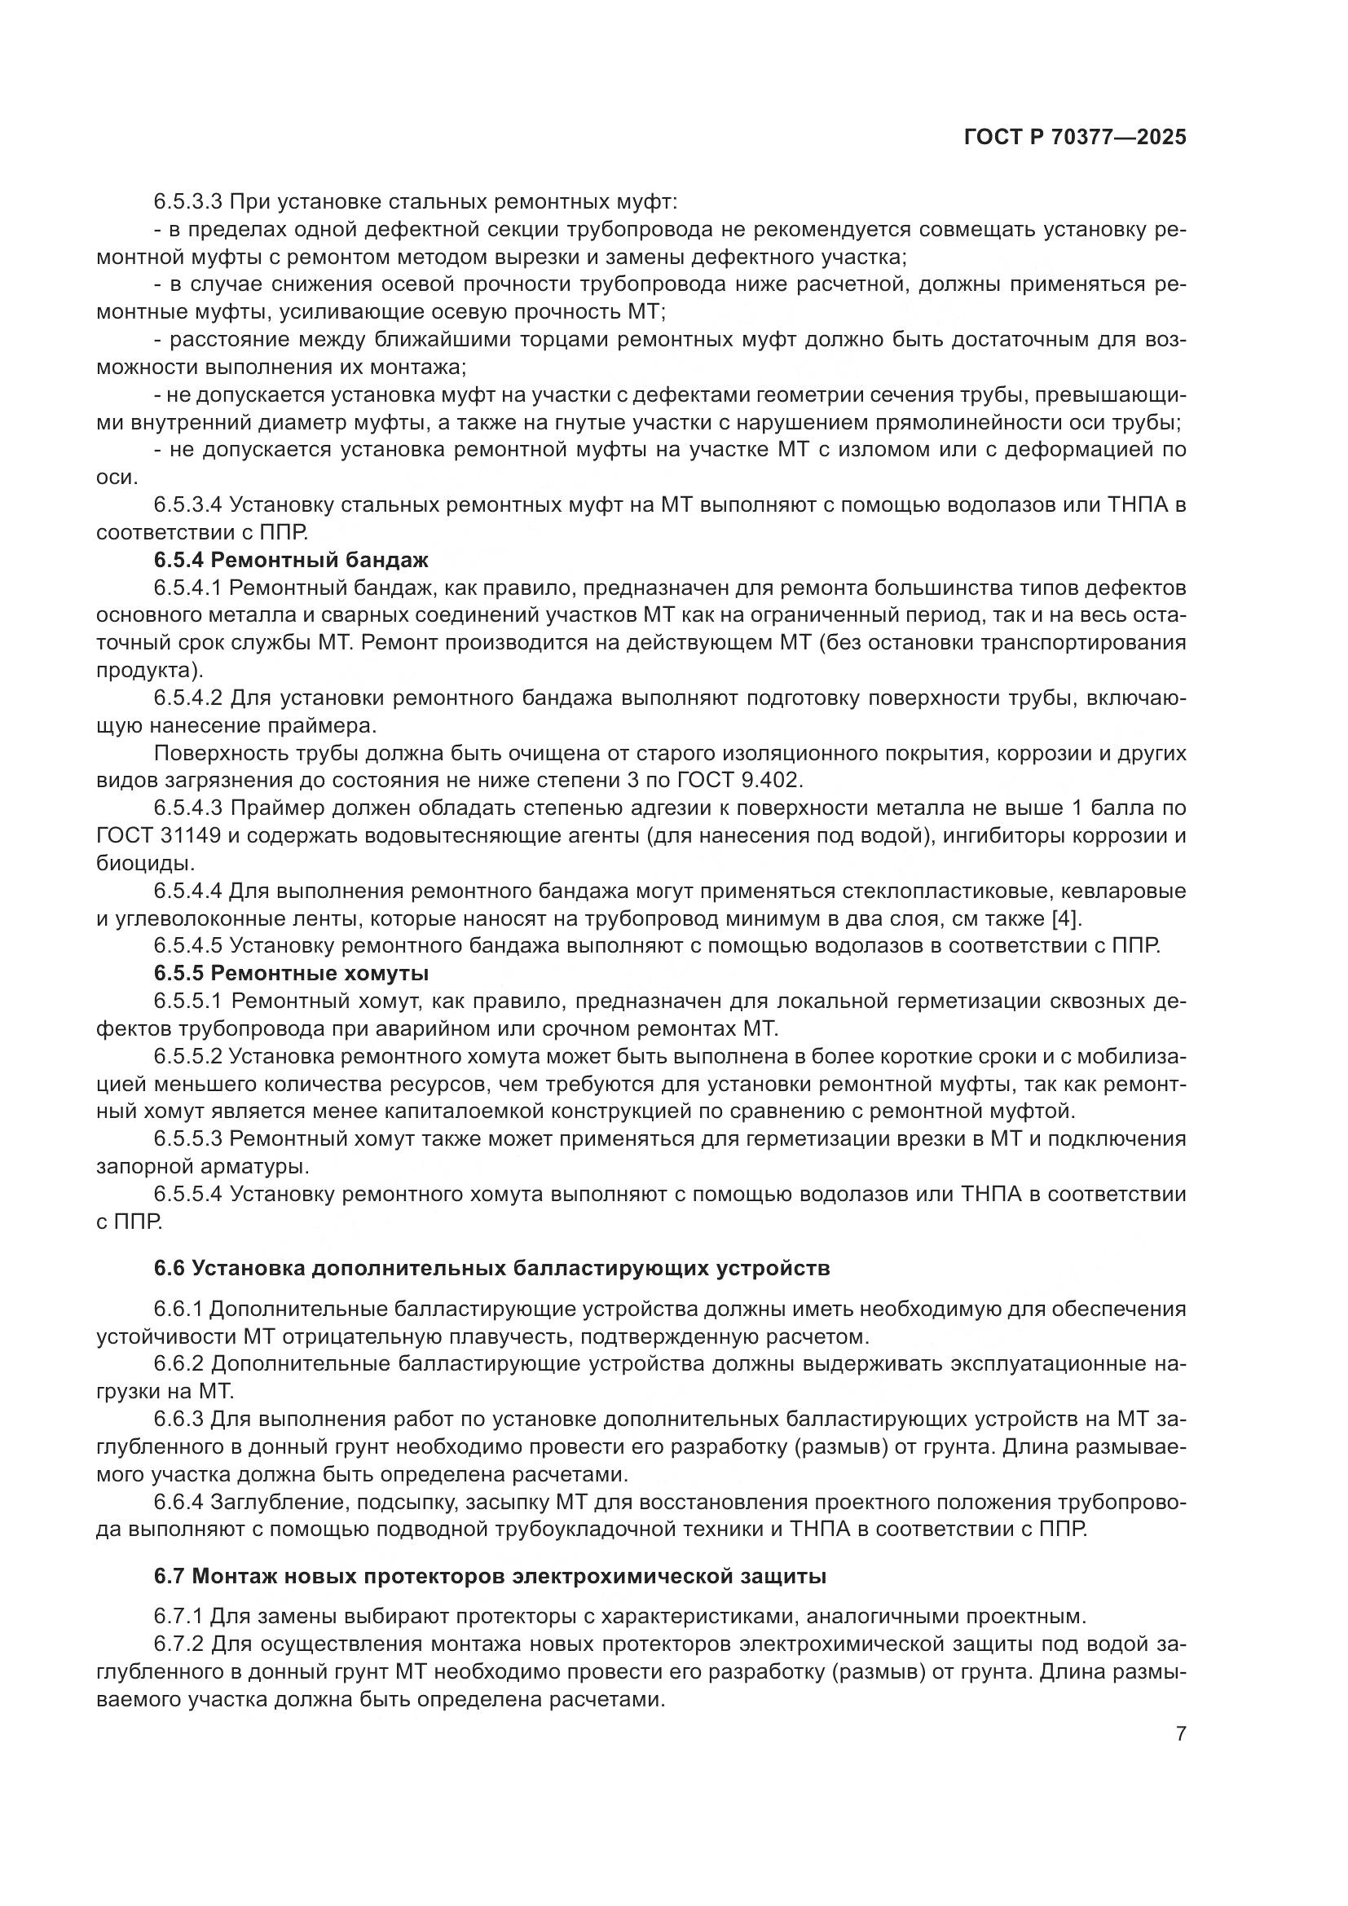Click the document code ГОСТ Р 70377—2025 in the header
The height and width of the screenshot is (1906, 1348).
(x=1075, y=138)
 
